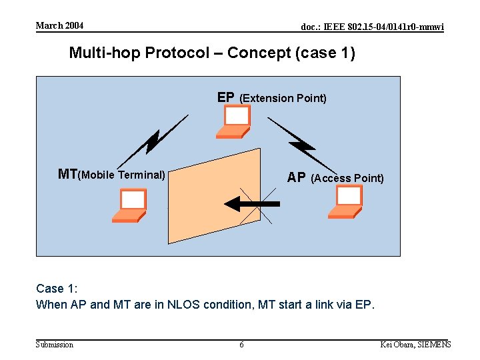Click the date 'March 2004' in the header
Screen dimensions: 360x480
tap(59, 25)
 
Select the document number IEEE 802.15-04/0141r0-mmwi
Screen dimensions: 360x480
tap(372, 27)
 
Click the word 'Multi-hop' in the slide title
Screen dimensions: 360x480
tap(105, 53)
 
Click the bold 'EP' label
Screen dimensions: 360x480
tap(226, 97)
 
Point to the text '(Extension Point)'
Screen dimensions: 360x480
tap(283, 98)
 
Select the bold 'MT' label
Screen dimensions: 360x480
tap(68, 175)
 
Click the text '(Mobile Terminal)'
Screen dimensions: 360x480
tap(122, 175)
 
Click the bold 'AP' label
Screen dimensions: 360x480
tap(297, 178)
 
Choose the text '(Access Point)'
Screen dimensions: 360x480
tap(347, 178)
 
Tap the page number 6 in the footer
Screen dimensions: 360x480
tap(241, 345)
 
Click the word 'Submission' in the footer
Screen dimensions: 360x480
tap(55, 345)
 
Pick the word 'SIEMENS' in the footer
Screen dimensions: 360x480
tap(434, 345)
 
